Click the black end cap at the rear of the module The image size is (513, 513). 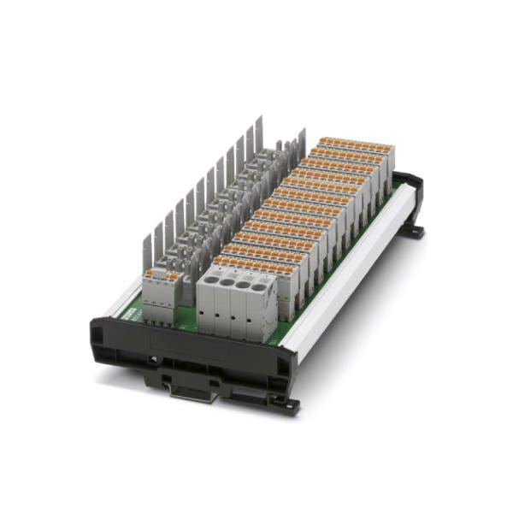click(x=410, y=186)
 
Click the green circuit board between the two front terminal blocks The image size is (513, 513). click(x=189, y=321)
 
